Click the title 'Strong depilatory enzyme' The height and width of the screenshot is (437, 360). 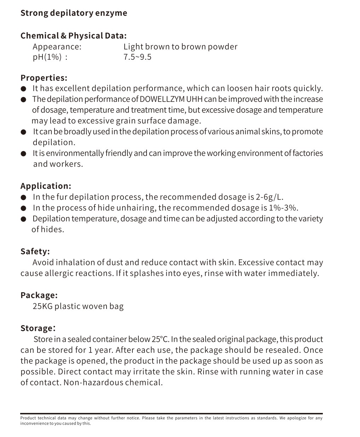pyautogui.click(x=74, y=13)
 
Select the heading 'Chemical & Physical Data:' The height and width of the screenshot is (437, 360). pyautogui.click(x=73, y=36)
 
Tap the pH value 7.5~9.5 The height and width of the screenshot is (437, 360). pyautogui.click(x=137, y=57)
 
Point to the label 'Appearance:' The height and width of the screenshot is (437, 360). pyautogui.click(x=57, y=47)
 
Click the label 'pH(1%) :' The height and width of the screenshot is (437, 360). pyautogui.click(x=50, y=57)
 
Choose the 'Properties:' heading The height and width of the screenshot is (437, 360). pyautogui.click(x=44, y=78)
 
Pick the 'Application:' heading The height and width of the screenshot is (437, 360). pyautogui.click(x=46, y=186)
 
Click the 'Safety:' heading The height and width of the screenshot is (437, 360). pyautogui.click(x=35, y=252)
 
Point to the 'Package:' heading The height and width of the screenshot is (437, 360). pyautogui.click(x=39, y=295)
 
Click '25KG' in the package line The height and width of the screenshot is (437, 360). pyautogui.click(x=42, y=306)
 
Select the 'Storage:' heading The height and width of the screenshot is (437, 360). pyautogui.click(x=38, y=328)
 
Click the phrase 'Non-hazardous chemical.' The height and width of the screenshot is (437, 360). pyautogui.click(x=113, y=383)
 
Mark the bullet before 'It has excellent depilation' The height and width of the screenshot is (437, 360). pyautogui.click(x=24, y=89)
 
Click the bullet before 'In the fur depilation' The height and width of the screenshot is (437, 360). pyautogui.click(x=24, y=197)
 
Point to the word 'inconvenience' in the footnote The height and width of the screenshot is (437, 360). pyautogui.click(x=34, y=424)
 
